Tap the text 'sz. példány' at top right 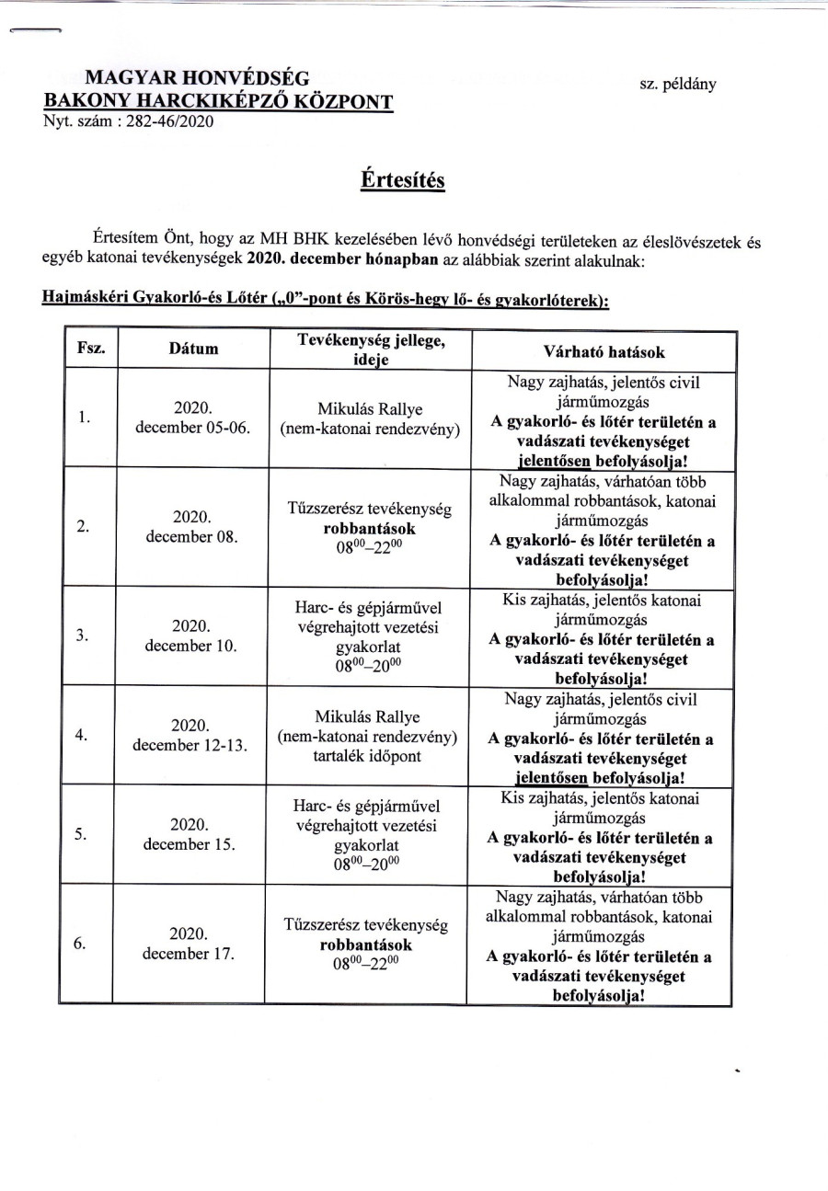point(678,84)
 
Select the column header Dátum point(193,349)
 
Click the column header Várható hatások point(604,351)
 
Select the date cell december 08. point(192,536)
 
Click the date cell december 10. point(192,645)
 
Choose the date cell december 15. point(192,842)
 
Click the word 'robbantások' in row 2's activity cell point(368,529)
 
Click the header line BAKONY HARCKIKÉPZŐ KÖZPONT point(221,101)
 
